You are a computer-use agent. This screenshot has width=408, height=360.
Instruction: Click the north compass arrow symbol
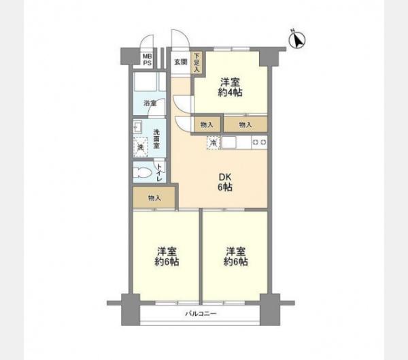click(297, 40)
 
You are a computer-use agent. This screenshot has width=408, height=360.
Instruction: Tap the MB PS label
click(148, 60)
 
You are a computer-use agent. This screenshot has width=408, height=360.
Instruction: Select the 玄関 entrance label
click(181, 62)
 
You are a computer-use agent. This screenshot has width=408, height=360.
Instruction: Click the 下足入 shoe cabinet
click(197, 63)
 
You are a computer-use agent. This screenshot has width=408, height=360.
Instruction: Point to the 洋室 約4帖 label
click(230, 87)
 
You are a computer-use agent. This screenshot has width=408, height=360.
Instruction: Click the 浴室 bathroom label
click(150, 103)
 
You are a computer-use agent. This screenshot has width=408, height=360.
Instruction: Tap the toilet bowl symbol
click(142, 172)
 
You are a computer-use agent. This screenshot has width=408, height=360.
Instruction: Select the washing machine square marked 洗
click(141, 147)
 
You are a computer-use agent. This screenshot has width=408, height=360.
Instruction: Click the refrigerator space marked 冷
click(214, 143)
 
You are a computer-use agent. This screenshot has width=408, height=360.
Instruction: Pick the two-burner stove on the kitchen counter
click(260, 142)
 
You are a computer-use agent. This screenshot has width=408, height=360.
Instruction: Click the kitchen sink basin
click(228, 142)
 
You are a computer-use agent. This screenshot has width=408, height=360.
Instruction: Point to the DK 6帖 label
click(225, 182)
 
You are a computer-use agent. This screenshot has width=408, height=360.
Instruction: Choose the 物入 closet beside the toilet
click(154, 198)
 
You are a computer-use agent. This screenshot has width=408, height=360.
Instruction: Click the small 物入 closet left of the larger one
click(207, 125)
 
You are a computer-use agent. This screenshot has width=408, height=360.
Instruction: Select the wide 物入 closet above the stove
click(245, 125)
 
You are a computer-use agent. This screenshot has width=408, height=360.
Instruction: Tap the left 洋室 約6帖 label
click(167, 257)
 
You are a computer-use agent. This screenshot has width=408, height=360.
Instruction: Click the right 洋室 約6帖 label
click(236, 257)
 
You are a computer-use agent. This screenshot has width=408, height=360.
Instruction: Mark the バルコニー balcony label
click(201, 313)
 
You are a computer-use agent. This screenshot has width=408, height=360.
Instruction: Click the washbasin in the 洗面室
click(137, 127)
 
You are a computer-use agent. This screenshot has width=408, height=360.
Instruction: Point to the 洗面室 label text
click(156, 140)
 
